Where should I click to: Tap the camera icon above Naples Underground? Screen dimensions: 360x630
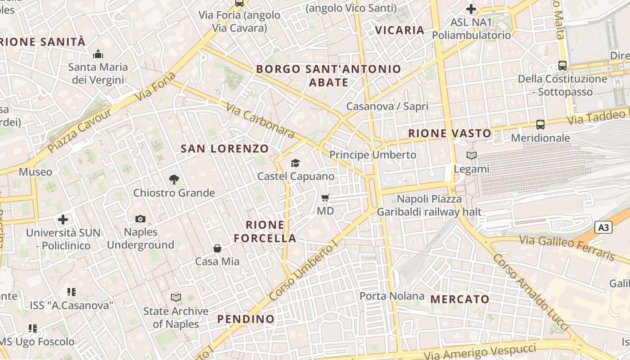(140, 219)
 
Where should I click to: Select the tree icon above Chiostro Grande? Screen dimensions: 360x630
(174, 180)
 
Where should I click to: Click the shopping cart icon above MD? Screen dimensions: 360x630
(325, 198)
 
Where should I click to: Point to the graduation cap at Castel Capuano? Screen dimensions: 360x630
(295, 163)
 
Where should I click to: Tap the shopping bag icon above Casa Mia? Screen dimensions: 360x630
(217, 248)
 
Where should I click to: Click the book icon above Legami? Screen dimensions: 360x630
(471, 156)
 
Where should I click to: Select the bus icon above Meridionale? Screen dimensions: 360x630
(540, 125)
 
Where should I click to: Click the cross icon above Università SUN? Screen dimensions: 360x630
(63, 220)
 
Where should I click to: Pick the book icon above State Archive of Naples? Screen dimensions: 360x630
(176, 297)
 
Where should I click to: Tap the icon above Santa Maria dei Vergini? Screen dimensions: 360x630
(98, 54)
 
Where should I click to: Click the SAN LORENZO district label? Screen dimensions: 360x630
(225, 148)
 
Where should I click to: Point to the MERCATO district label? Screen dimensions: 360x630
(460, 299)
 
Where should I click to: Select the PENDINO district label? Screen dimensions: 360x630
(246, 319)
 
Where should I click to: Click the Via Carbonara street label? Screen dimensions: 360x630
(261, 121)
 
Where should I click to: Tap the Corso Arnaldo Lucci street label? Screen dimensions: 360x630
(531, 292)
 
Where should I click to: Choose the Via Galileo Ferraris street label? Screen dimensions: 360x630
(567, 247)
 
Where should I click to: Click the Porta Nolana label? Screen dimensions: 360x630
(392, 296)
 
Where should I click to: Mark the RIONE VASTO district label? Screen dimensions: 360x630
(450, 133)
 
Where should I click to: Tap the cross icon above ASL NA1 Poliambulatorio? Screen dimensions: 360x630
(471, 9)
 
